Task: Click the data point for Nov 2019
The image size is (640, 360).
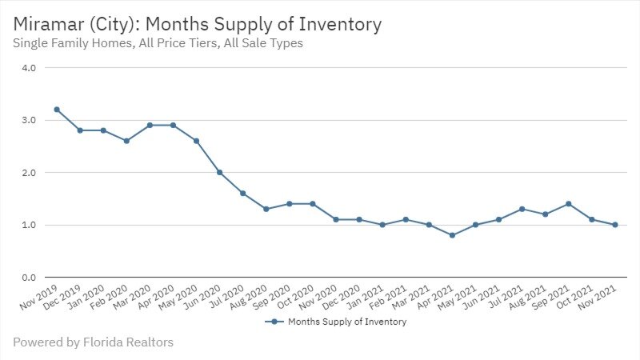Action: tap(57, 110)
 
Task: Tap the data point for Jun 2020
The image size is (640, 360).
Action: tap(219, 172)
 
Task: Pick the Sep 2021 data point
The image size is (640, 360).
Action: tap(567, 204)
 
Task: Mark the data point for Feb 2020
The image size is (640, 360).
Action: tap(126, 141)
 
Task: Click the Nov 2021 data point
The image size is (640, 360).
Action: tap(614, 225)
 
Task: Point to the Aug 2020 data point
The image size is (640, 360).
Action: tap(266, 209)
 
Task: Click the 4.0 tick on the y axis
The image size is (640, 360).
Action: tap(29, 68)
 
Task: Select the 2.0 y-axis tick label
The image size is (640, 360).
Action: tap(29, 173)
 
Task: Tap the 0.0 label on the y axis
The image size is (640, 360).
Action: tap(29, 278)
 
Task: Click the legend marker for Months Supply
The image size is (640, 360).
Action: tap(274, 322)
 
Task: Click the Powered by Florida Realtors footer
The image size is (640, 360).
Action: tap(93, 342)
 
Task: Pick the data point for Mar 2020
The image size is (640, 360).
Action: tap(150, 126)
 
